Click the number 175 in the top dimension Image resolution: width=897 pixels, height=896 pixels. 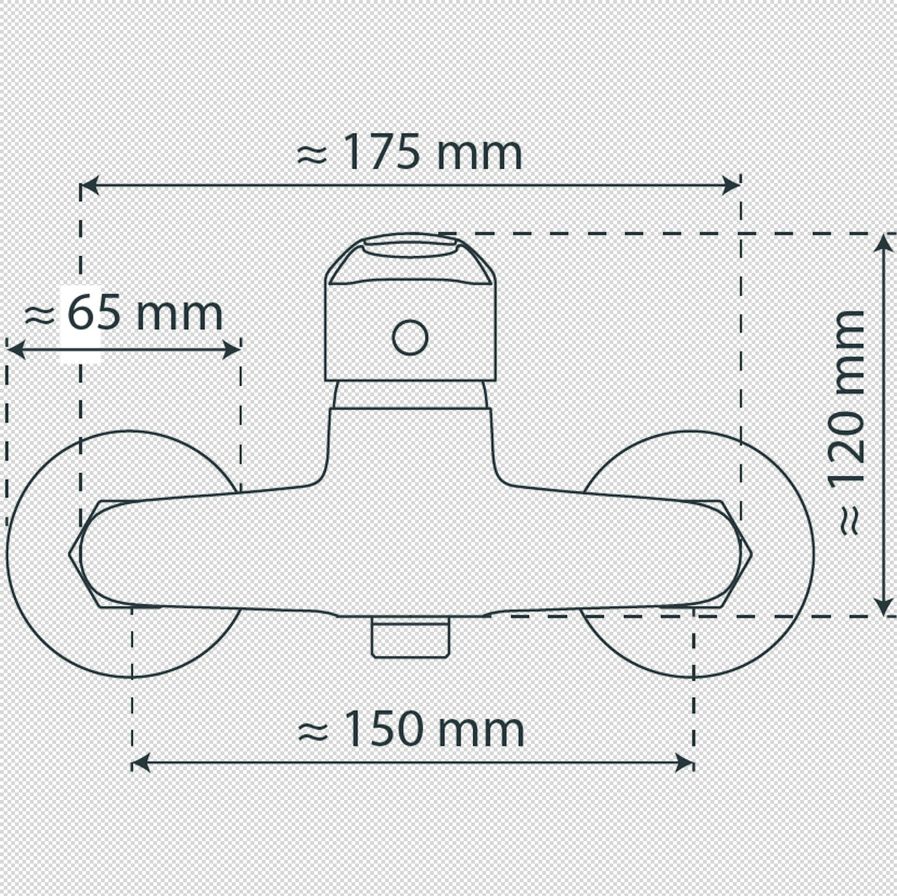tap(382, 152)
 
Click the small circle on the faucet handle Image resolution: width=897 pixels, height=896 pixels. tap(410, 337)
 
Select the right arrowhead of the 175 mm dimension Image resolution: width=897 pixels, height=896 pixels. tap(731, 186)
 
